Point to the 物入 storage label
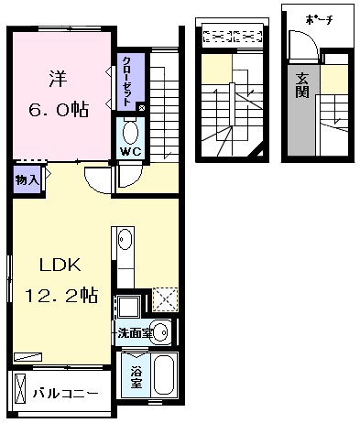point(26,180)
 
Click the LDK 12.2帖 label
point(60,281)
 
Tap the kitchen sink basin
point(125,243)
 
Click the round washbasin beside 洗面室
point(160,332)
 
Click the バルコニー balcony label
point(66,394)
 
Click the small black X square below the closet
point(140,107)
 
